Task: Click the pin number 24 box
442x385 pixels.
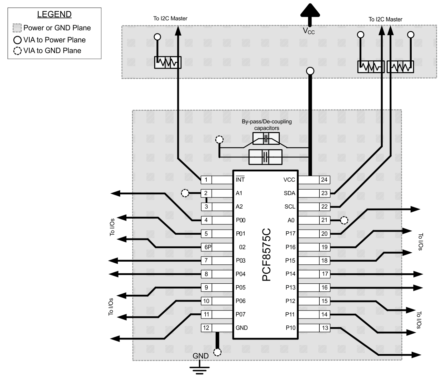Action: (324, 180)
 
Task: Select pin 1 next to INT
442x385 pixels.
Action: (206, 180)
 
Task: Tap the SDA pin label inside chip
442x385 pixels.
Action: (289, 193)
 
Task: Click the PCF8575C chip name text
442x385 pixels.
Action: (266, 255)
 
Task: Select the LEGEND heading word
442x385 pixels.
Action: (54, 14)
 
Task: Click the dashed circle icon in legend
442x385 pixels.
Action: (17, 51)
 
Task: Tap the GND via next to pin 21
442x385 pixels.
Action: (344, 220)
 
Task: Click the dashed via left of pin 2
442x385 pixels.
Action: (185, 193)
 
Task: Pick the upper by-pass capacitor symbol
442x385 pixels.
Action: (266, 139)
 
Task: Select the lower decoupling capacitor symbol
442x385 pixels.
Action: (265, 157)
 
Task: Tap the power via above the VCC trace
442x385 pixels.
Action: (310, 71)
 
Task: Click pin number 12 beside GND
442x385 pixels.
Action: (206, 328)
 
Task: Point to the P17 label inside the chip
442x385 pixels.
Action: (290, 234)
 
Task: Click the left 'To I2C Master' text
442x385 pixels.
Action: (170, 19)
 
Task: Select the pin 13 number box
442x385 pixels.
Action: (325, 328)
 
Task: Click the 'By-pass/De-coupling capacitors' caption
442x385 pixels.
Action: (267, 125)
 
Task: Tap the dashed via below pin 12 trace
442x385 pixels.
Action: (217, 352)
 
